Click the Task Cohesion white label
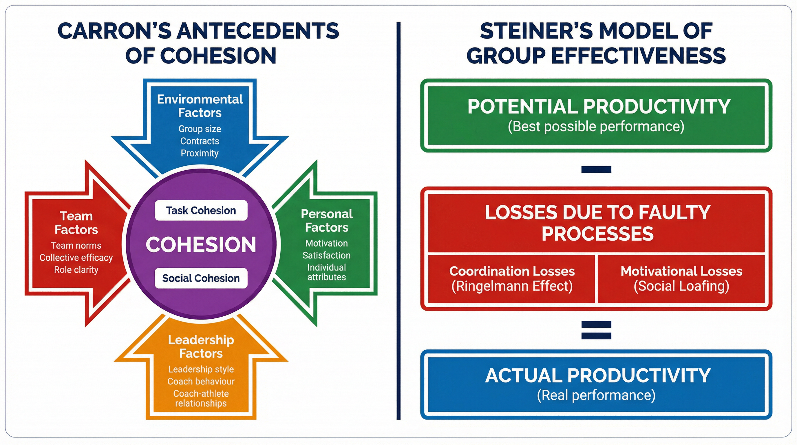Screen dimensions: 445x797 click(x=201, y=210)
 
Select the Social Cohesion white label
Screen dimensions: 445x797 click(x=201, y=278)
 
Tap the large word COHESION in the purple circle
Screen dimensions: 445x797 click(x=201, y=245)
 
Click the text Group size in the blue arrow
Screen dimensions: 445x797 click(x=200, y=129)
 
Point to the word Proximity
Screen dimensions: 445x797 click(x=200, y=153)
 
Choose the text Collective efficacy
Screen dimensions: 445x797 click(x=76, y=258)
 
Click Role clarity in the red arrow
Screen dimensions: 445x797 click(x=76, y=269)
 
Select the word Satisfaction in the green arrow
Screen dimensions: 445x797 click(x=326, y=255)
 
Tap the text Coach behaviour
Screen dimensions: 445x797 click(x=201, y=381)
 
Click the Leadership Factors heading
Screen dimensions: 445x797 click(x=201, y=346)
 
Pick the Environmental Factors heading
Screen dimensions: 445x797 click(x=200, y=106)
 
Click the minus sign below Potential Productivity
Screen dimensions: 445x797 click(x=596, y=169)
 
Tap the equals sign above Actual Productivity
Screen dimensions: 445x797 click(x=596, y=330)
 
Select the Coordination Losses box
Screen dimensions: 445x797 click(x=512, y=278)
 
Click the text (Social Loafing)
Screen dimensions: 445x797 click(x=681, y=286)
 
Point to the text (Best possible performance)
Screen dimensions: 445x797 click(x=596, y=126)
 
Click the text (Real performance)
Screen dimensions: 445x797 click(x=596, y=395)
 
